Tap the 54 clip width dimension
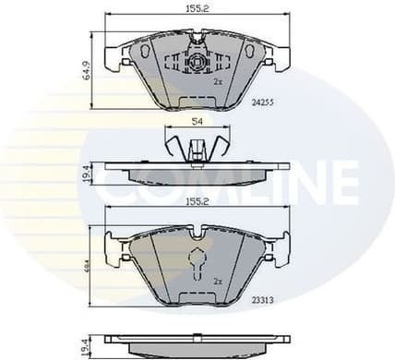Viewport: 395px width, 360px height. (x=195, y=122)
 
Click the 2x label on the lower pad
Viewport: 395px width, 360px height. (x=219, y=280)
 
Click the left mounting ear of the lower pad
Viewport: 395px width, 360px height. (x=114, y=249)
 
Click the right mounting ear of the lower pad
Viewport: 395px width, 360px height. (x=279, y=249)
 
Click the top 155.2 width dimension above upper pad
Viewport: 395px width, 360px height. (x=197, y=10)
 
